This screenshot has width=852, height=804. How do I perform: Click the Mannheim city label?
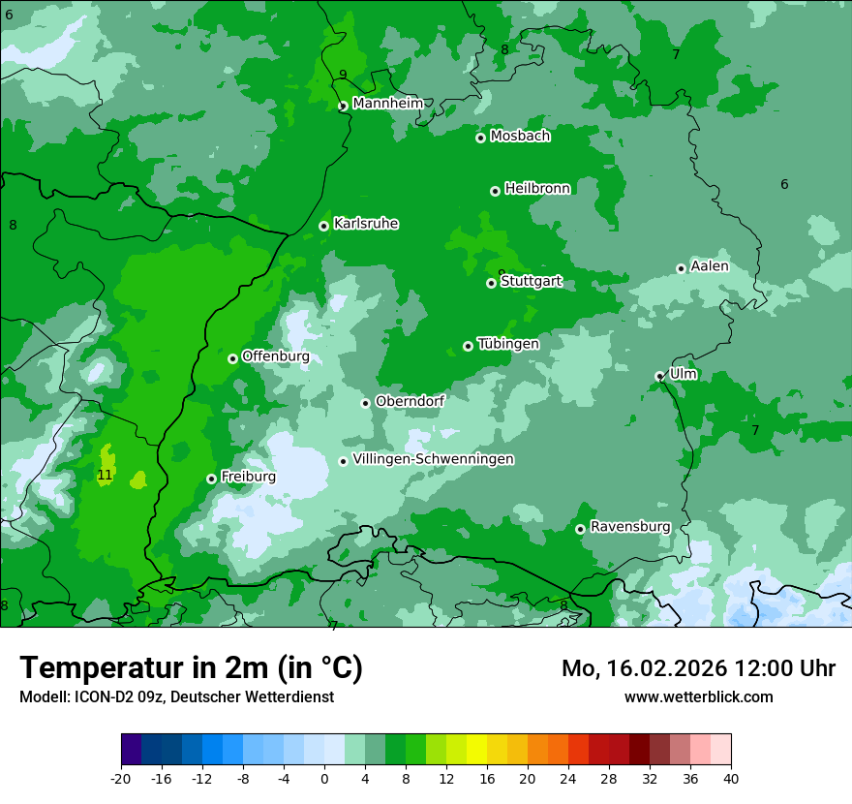pos(387,103)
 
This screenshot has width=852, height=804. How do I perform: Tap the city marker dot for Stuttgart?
pos(492,283)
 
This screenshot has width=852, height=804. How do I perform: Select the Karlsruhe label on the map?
pos(366,224)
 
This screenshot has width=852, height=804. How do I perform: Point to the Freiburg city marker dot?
pos(211,479)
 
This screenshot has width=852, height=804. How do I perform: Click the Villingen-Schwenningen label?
pos(433,459)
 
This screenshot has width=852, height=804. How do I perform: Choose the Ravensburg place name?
pos(630,527)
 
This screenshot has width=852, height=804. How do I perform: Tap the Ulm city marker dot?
pos(659,376)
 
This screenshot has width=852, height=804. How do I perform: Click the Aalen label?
pos(710,266)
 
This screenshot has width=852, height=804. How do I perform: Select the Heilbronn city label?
pos(537,189)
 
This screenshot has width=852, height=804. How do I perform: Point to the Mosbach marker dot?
pos(480,138)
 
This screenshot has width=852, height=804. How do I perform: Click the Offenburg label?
pos(276,356)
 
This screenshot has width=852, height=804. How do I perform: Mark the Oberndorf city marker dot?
pos(365,403)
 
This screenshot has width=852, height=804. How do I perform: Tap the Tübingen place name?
pos(508,344)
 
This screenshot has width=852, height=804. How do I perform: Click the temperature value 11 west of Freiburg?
pos(105,476)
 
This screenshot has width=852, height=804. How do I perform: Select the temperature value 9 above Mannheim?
pos(343,75)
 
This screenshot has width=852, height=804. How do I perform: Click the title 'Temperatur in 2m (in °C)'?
pos(191,668)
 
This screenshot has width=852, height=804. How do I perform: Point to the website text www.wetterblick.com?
pos(698,697)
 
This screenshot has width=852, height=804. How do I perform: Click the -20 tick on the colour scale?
pos(121,779)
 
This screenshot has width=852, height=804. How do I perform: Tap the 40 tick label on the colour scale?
pos(731,779)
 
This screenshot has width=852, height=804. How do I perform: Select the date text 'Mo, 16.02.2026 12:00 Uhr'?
pos(698,668)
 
